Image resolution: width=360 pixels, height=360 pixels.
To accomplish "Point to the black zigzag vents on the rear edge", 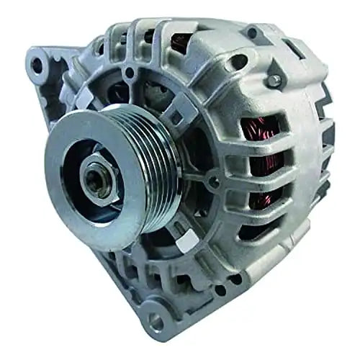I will coord(326,144).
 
